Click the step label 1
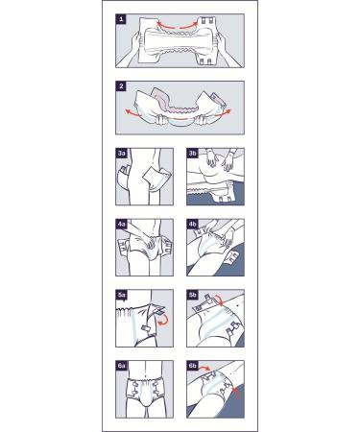(x=121, y=19)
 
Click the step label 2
(x=121, y=86)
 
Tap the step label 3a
(x=121, y=154)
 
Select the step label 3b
(x=192, y=154)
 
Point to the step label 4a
(x=121, y=225)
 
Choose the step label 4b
(x=192, y=225)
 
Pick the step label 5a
(x=121, y=295)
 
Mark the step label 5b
(x=192, y=295)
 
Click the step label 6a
(x=121, y=366)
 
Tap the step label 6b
(x=192, y=366)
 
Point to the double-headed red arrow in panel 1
(x=177, y=26)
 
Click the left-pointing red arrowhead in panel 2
(x=128, y=112)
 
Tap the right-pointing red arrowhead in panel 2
(x=228, y=111)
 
